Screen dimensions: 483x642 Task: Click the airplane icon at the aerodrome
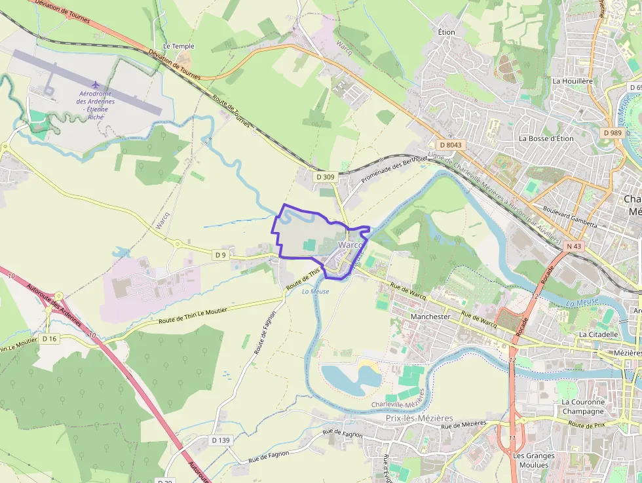[96, 85]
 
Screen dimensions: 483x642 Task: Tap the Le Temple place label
[179, 47]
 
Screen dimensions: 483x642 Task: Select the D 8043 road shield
[451, 144]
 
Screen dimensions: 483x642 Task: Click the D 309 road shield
[325, 177]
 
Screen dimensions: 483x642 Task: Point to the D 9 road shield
[221, 254]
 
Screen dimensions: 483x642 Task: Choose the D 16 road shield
[50, 339]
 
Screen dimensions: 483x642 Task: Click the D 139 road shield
[221, 440]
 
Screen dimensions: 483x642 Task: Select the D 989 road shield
[611, 133]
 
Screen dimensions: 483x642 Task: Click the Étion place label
[447, 32]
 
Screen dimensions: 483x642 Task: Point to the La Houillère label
[573, 81]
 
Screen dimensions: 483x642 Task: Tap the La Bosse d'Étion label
[546, 139]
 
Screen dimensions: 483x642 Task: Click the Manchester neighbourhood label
[430, 317]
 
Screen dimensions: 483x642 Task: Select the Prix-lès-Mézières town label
[419, 418]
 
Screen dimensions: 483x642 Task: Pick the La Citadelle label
[598, 334]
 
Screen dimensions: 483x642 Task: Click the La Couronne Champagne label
[582, 406]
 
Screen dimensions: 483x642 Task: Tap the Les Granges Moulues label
[533, 460]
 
